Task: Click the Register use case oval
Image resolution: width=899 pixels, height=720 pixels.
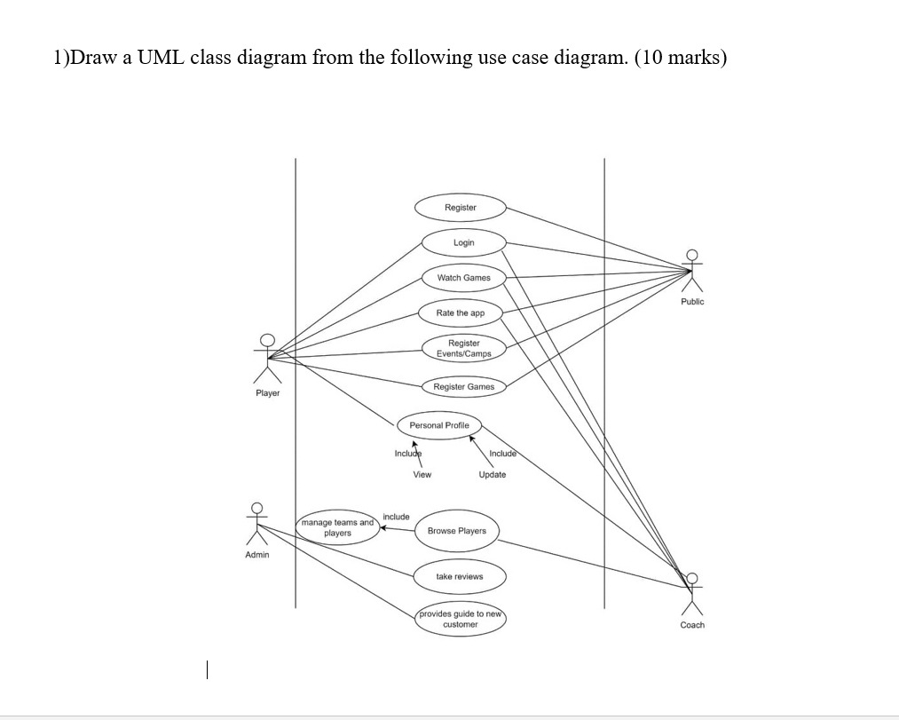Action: (461, 207)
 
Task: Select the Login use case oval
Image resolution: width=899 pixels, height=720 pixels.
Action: (463, 242)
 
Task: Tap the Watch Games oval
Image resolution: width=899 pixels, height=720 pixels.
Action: (463, 278)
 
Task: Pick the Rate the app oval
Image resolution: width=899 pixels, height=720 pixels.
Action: (461, 313)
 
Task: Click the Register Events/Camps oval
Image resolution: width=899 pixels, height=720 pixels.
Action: (463, 348)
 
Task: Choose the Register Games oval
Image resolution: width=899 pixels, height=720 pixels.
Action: (463, 386)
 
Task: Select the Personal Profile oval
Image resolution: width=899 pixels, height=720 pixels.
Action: (439, 425)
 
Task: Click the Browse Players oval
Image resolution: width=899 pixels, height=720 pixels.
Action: (456, 531)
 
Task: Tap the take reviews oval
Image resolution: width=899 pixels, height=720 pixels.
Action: (459, 576)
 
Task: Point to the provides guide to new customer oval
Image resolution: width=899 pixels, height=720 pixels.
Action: (461, 619)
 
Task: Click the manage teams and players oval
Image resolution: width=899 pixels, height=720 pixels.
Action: (337, 528)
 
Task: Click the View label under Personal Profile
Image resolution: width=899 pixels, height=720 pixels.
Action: (422, 474)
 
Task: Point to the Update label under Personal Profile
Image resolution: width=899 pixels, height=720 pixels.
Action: (493, 474)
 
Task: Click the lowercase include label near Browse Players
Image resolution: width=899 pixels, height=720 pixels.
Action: (396, 516)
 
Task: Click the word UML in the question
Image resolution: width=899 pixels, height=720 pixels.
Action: (161, 59)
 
